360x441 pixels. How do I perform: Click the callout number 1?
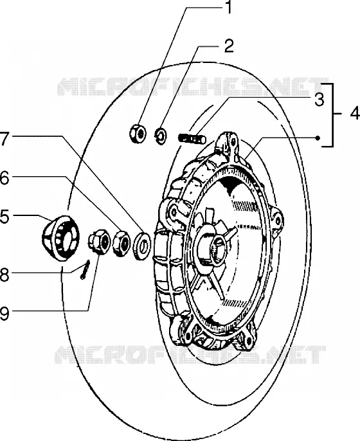click(229, 7)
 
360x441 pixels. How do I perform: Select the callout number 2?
click(229, 46)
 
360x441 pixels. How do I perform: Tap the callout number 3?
click(319, 100)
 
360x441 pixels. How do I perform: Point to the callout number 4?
click(355, 114)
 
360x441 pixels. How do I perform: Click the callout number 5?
click(4, 217)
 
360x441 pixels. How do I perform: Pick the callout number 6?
click(4, 178)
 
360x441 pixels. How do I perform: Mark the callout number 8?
click(4, 274)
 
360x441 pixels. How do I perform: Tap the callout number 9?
click(4, 313)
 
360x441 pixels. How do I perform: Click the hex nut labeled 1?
click(138, 132)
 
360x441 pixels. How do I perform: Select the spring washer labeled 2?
click(161, 136)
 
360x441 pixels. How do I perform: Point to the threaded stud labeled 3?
click(192, 138)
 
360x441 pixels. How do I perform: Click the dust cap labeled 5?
click(60, 238)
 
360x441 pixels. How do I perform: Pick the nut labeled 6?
click(122, 242)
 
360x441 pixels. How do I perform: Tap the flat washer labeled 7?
click(142, 245)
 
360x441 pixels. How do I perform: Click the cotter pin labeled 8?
click(85, 269)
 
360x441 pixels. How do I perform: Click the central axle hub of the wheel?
click(213, 248)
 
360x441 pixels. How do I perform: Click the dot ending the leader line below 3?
click(318, 138)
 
